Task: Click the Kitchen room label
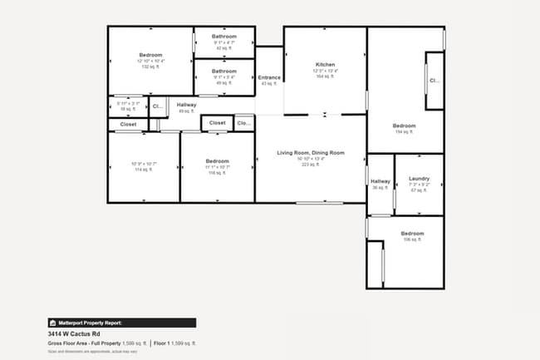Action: [x=325, y=65]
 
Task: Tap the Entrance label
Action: [x=270, y=77]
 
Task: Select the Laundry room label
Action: [x=419, y=179]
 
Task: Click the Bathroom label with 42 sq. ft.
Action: [x=224, y=37]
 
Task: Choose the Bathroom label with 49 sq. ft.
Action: [x=224, y=72]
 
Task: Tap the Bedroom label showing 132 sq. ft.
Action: [x=150, y=55]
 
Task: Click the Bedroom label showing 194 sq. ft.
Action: [x=405, y=126]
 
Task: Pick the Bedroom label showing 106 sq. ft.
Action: [x=412, y=234]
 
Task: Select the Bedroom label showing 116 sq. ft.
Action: [x=217, y=161]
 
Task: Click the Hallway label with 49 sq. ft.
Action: [x=186, y=105]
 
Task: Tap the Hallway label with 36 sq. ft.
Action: [x=380, y=181]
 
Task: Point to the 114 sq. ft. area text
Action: [x=144, y=170]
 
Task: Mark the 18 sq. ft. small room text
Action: [x=127, y=109]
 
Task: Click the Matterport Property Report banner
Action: [x=121, y=323]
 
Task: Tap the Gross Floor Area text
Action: [x=81, y=343]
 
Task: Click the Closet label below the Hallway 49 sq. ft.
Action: [x=217, y=123]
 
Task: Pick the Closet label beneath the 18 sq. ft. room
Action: [x=128, y=124]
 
